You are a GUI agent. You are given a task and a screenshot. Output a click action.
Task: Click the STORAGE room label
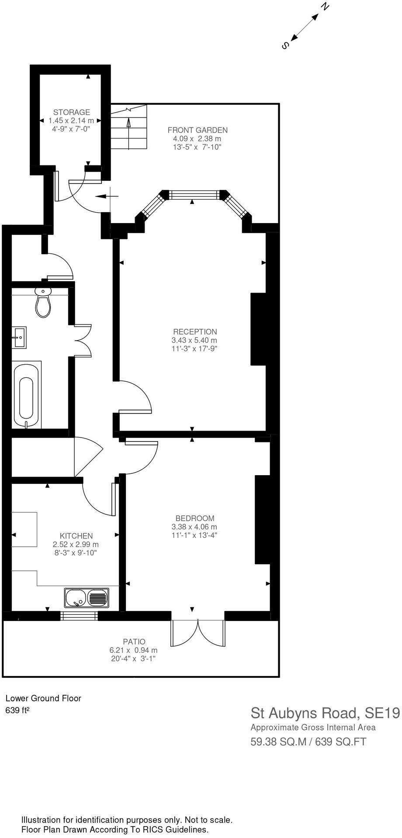71,112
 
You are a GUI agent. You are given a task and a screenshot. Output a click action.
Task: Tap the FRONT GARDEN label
198,130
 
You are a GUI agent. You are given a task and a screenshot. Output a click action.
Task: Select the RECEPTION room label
195,331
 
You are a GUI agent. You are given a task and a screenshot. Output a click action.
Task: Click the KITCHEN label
76,536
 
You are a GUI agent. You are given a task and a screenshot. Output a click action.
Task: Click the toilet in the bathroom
43,303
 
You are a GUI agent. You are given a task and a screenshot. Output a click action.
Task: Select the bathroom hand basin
19,337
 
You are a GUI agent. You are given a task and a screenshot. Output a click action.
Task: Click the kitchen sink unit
87,598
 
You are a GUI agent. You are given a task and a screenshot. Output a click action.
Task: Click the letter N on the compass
325,7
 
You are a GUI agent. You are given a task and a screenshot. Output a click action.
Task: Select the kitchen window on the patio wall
79,616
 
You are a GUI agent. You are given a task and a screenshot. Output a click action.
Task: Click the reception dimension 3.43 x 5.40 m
194,340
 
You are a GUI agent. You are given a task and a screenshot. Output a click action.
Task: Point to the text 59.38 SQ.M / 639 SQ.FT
308,741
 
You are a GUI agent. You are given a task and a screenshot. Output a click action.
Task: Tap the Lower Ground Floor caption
43,698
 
